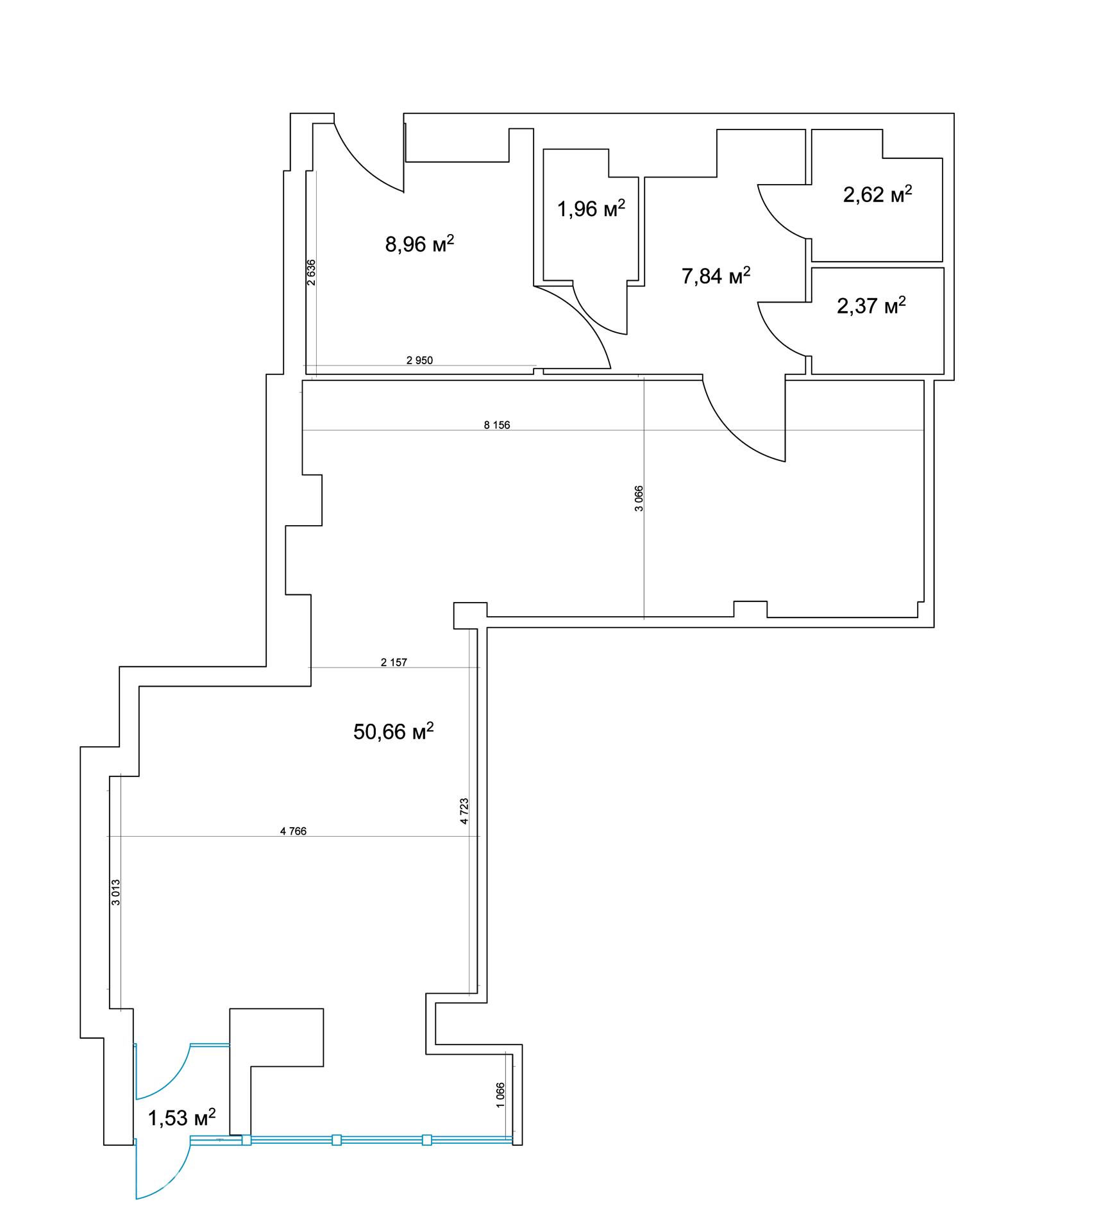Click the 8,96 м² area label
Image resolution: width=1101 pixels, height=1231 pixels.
tap(419, 244)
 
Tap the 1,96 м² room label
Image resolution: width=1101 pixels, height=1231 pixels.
tap(591, 208)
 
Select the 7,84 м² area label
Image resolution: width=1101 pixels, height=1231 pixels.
tap(716, 276)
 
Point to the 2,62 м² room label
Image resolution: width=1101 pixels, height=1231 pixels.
tap(877, 194)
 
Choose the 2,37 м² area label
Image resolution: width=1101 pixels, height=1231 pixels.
tap(871, 305)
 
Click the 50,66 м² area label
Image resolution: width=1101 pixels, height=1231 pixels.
tap(393, 731)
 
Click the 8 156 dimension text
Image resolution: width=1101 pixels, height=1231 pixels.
tap(497, 424)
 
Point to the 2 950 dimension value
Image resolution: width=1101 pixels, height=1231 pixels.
tap(419, 360)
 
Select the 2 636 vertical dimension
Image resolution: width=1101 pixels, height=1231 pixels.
tap(311, 272)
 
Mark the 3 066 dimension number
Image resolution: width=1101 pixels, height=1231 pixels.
tap(639, 499)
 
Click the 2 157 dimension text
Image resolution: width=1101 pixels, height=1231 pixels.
tap(394, 662)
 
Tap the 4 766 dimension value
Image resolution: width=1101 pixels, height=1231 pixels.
tap(293, 831)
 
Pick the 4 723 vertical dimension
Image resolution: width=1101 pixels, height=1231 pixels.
tap(464, 811)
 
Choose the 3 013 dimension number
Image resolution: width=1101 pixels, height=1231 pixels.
tap(115, 892)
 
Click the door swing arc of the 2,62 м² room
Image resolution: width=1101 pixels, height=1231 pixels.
tap(771, 222)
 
